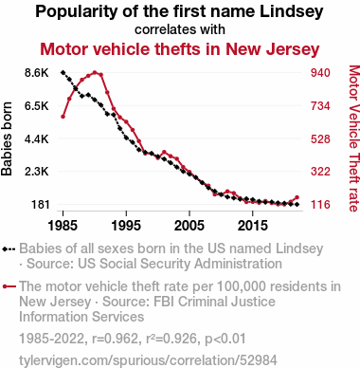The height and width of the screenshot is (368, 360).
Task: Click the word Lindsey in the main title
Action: point(292,11)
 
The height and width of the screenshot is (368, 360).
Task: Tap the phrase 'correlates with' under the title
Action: point(180,29)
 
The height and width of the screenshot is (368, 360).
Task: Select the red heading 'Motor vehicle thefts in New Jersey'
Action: point(180,49)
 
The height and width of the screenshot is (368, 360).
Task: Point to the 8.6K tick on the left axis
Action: point(37,73)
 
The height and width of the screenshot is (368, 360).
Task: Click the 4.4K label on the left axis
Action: point(37,138)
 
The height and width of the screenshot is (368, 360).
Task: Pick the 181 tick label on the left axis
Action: point(41,205)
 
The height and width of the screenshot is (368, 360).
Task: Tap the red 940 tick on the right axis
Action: point(320,73)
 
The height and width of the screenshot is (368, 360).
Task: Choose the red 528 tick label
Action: point(320,138)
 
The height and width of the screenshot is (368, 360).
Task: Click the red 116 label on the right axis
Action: point(320,205)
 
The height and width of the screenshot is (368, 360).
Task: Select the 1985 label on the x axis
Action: point(63,226)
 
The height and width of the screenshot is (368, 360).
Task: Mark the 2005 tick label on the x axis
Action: point(189,226)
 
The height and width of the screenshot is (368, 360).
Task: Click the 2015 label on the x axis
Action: point(252,226)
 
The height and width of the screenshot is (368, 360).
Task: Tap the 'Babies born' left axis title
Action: point(7,138)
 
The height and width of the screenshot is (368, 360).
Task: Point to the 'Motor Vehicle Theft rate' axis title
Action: point(354,138)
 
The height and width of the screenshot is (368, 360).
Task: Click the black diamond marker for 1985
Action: point(63,73)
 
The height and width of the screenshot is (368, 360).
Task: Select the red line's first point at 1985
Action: point(63,117)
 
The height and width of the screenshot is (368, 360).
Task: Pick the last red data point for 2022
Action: point(297,197)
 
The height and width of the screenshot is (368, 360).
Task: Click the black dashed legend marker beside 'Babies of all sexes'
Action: point(9,249)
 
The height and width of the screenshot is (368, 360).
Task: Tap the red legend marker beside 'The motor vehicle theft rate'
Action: point(9,286)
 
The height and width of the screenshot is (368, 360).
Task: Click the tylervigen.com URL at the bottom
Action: point(148,360)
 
